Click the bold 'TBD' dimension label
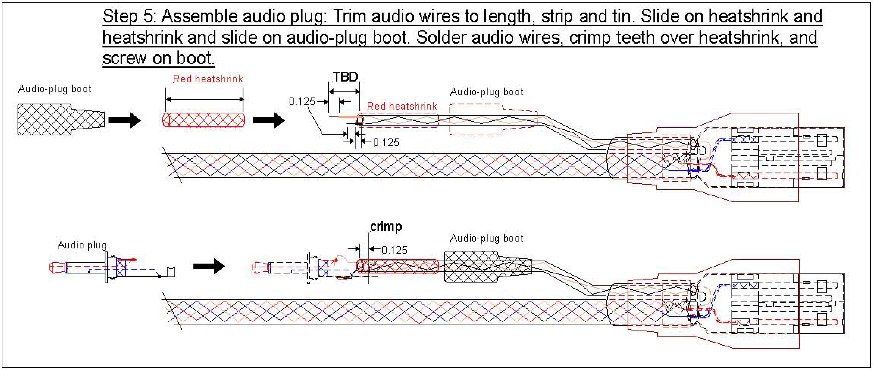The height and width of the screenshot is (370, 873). click(x=345, y=77)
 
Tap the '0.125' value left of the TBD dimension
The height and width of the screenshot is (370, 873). click(x=302, y=101)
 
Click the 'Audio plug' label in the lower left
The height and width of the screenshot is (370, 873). click(x=82, y=245)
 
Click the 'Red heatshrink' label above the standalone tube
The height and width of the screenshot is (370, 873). click(x=208, y=79)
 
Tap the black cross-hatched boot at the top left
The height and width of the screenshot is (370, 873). click(x=61, y=119)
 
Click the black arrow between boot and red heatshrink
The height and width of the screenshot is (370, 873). click(x=124, y=120)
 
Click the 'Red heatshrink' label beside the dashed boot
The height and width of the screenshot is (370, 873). click(x=402, y=106)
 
